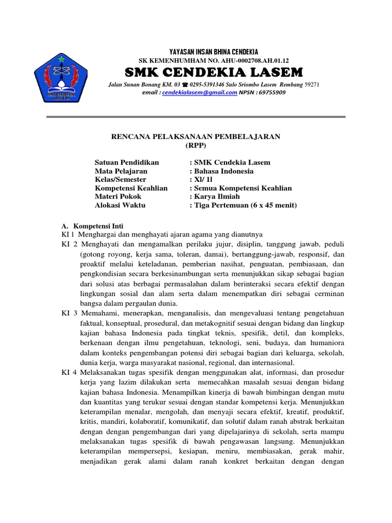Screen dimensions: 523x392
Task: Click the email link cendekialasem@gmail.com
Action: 200,92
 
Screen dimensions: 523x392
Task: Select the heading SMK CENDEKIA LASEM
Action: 213,71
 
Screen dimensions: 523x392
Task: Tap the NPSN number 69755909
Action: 272,92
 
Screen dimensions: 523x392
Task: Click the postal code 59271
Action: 311,84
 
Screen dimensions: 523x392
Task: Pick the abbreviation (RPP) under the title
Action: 196,146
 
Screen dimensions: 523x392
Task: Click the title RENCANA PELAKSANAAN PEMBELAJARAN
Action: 196,137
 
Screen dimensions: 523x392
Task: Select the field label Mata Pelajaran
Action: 121,171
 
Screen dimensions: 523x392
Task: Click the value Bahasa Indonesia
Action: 223,171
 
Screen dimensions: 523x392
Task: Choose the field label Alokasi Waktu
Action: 120,205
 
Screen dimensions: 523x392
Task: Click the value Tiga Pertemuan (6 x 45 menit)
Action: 244,205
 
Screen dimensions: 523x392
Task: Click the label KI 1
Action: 68,234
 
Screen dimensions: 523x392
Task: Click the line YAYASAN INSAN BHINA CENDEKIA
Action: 213,52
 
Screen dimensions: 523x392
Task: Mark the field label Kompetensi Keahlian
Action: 131,188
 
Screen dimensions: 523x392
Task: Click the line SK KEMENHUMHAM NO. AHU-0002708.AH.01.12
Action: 213,60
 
